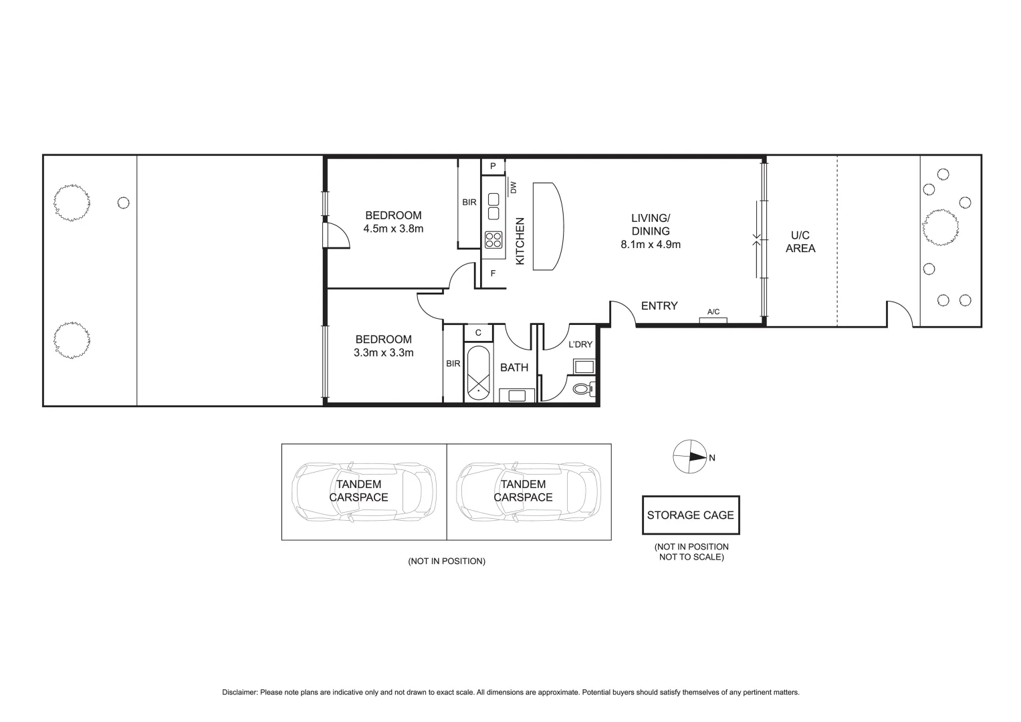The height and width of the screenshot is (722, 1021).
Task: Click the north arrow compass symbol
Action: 689,457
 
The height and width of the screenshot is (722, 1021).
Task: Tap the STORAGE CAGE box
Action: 690,515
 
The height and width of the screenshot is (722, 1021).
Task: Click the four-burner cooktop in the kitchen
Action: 493,239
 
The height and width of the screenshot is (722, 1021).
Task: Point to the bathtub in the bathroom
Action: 479,373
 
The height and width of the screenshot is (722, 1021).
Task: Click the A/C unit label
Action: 713,312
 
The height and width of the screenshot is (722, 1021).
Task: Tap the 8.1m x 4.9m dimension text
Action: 650,245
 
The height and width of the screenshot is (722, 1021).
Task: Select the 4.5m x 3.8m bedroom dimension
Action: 393,229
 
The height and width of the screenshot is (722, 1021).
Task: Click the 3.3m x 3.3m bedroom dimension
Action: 383,352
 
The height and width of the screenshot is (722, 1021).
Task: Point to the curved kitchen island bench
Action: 548,226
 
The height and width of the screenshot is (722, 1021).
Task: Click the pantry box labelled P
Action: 493,166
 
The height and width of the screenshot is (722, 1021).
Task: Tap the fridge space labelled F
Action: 493,273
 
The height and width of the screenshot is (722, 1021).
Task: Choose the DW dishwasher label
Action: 513,188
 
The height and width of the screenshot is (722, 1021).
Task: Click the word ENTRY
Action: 659,306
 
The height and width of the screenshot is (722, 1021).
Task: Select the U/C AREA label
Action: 800,242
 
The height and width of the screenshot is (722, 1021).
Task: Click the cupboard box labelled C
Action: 478,332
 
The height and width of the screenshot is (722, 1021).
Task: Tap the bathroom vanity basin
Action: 517,395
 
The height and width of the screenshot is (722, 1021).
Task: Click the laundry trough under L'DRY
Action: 583,366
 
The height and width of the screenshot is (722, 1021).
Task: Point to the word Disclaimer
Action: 239,693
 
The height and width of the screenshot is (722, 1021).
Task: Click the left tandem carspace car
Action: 364,491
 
